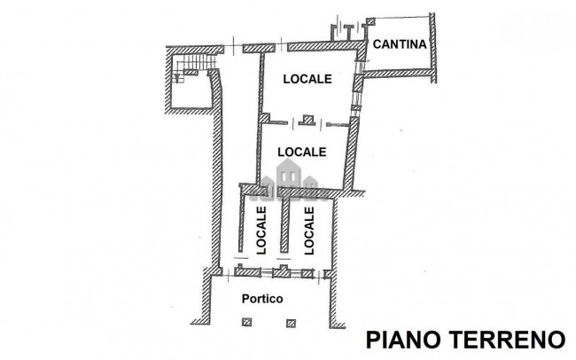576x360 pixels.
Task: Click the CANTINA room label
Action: (x=400, y=44)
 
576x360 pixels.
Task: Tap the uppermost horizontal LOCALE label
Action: (x=307, y=79)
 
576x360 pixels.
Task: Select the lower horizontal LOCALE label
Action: (x=302, y=152)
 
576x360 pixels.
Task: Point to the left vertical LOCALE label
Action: (x=261, y=231)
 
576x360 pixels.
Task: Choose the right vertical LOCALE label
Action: (x=309, y=231)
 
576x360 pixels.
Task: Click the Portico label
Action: (x=262, y=299)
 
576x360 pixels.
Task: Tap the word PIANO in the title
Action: (x=404, y=340)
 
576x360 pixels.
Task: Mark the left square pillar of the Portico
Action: (x=247, y=323)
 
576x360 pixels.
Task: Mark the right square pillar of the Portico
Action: (x=292, y=323)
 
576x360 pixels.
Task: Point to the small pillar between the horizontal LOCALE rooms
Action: (x=307, y=120)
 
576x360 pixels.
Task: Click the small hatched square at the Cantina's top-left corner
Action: (x=370, y=21)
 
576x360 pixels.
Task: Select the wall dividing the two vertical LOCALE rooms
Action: (x=284, y=225)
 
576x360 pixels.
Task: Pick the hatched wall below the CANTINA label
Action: (x=397, y=74)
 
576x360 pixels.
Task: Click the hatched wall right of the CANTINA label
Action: (x=433, y=48)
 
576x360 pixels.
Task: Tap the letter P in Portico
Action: (x=245, y=299)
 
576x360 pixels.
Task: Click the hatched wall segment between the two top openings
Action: (x=259, y=48)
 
